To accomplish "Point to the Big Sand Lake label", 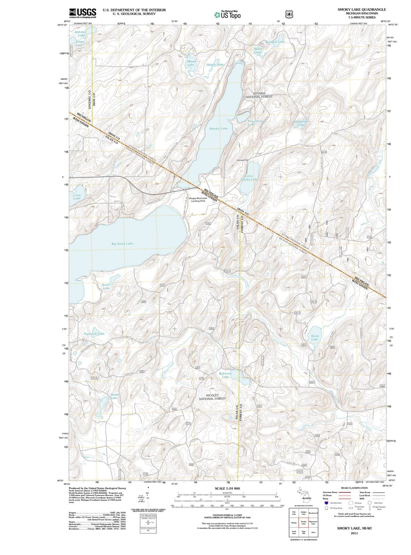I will click(122, 244).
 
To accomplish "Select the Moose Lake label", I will click(191, 63).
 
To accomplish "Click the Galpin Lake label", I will click(215, 65).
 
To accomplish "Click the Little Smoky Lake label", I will click(249, 178).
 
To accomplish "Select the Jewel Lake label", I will click(106, 286).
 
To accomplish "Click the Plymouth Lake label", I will click(94, 334).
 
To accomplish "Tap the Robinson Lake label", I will click(225, 375).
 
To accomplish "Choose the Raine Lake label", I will click(315, 338).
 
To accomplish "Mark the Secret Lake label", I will click(114, 396).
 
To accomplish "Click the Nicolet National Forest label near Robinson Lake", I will click(212, 397).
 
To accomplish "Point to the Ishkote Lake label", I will click(80, 34).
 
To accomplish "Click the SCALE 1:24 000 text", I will click(227, 488).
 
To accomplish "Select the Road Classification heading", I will click(354, 488).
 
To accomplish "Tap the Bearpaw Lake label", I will click(275, 42).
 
